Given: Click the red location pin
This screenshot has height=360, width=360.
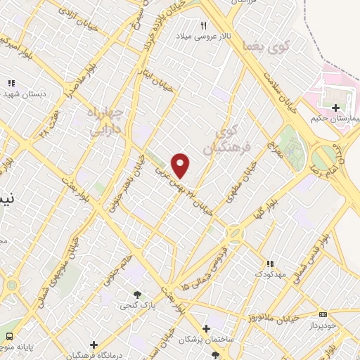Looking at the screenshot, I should (x=181, y=165).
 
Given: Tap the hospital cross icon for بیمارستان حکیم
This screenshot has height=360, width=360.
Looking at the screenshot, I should (x=336, y=108).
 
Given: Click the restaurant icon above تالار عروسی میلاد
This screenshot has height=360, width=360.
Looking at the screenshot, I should (x=205, y=26).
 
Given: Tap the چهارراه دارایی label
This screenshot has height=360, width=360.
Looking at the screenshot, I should (x=105, y=122).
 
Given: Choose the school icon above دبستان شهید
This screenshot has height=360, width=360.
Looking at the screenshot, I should (x=11, y=82).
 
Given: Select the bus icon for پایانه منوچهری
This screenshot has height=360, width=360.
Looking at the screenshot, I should (x=10, y=337).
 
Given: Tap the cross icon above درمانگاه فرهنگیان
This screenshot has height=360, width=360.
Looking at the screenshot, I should (x=94, y=344).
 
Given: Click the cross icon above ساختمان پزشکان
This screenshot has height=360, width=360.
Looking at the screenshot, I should (x=206, y=328).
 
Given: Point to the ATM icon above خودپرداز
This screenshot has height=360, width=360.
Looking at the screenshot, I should (x=323, y=314).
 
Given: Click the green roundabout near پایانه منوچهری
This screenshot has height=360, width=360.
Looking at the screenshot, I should (x=11, y=285).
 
